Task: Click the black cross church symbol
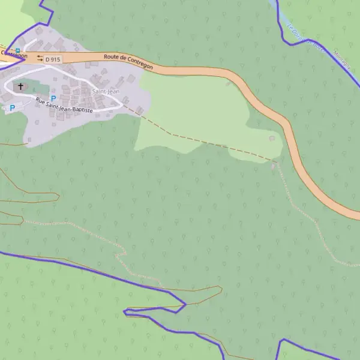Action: (x=21, y=86)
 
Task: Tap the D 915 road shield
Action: (x=53, y=59)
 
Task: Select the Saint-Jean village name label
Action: (x=106, y=91)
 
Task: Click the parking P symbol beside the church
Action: (x=53, y=98)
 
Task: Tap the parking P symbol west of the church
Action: (x=11, y=108)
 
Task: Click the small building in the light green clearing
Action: (x=272, y=139)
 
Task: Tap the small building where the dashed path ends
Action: (x=274, y=164)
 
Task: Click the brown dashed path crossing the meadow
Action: (x=198, y=139)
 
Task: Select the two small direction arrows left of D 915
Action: (x=40, y=58)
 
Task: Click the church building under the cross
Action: (x=21, y=88)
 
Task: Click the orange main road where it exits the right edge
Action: (x=355, y=214)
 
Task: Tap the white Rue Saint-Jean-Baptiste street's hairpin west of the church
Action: (x=6, y=87)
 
